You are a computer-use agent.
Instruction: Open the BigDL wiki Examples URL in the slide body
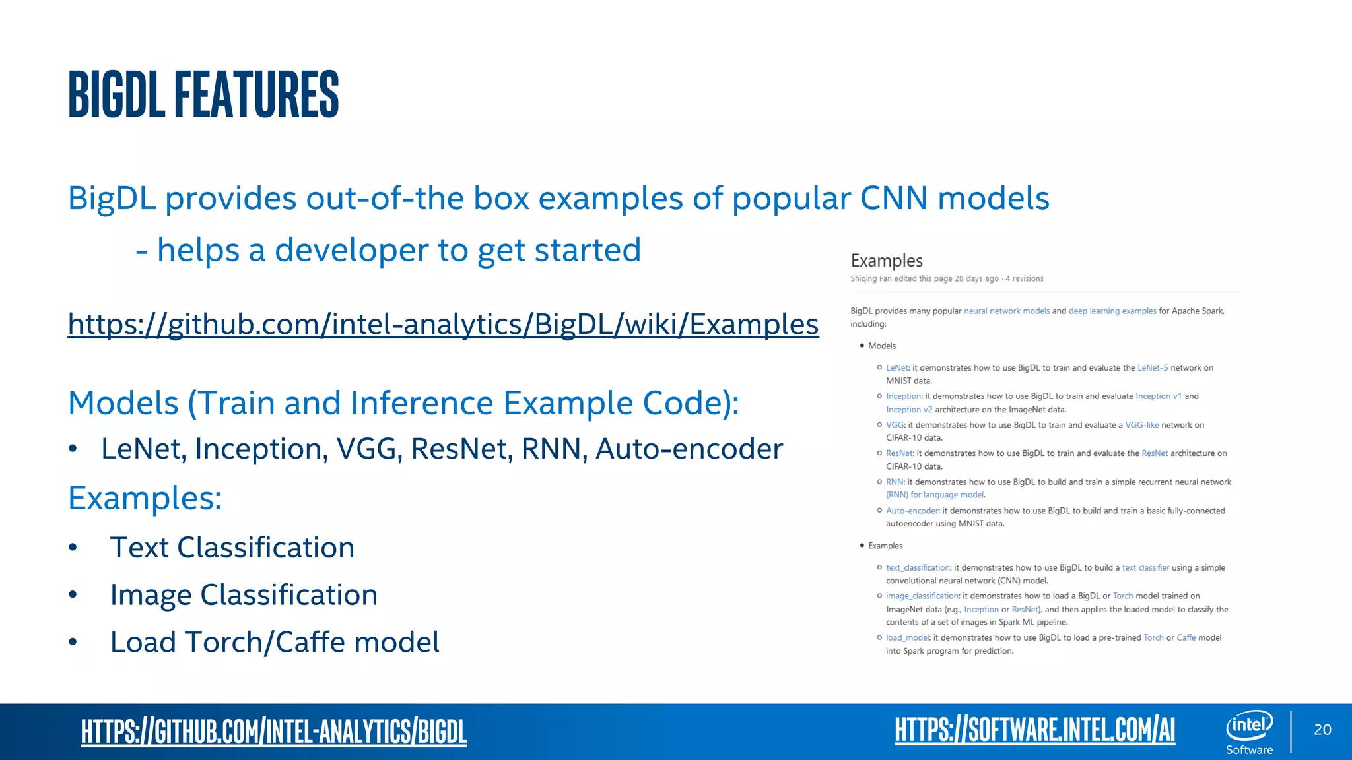(443, 324)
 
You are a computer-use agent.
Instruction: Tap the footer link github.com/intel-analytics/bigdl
(274, 731)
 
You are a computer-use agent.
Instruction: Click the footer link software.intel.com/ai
(1034, 730)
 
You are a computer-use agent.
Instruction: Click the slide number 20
(1322, 730)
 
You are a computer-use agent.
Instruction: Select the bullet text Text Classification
(232, 548)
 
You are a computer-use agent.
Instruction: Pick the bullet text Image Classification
(244, 595)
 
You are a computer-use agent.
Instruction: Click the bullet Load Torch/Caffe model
(275, 643)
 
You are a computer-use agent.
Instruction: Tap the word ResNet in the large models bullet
(461, 449)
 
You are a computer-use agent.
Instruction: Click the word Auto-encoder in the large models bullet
(689, 449)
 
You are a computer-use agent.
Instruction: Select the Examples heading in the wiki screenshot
(886, 261)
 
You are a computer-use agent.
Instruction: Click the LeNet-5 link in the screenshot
(1153, 368)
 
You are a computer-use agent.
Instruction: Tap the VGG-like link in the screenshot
(1141, 426)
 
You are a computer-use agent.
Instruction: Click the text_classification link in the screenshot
(918, 568)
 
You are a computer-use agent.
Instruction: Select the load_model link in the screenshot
(907, 638)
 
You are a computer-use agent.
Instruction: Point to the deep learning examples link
(1112, 311)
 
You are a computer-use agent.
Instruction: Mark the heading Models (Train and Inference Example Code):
(403, 403)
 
